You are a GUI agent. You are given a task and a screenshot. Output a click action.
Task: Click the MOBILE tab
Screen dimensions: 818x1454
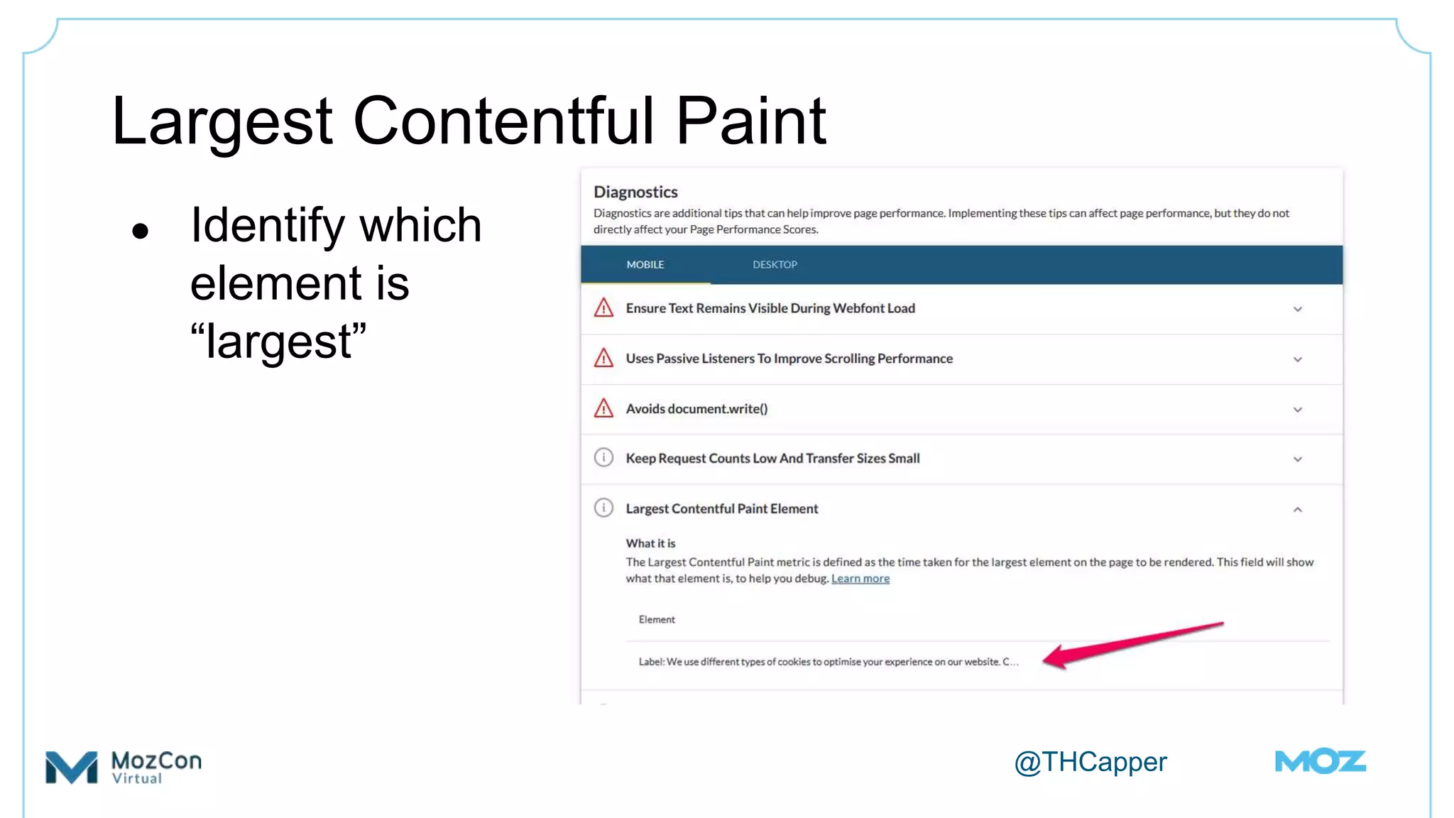point(645,265)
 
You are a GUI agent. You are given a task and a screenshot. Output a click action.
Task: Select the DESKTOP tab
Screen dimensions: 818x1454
point(775,265)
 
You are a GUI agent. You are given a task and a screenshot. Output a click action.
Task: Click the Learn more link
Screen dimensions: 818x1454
point(860,579)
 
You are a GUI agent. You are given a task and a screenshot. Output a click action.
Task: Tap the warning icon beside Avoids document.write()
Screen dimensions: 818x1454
point(603,408)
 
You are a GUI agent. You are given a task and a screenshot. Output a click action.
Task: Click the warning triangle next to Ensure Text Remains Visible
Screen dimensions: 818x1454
point(603,308)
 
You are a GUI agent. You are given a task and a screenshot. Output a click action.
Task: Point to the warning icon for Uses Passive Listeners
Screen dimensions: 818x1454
point(603,358)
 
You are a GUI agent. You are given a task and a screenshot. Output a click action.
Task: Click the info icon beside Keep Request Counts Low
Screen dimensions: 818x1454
point(603,458)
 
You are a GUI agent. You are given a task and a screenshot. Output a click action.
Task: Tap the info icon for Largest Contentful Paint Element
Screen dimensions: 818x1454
point(603,508)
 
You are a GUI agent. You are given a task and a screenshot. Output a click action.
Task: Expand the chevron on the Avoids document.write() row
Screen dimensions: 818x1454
point(1297,410)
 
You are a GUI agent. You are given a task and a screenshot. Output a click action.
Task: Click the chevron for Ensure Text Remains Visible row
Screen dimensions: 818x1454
point(1297,310)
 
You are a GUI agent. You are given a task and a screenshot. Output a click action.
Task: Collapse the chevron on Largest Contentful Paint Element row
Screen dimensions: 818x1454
point(1297,510)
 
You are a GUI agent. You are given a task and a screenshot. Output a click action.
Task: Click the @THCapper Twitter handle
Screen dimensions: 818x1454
point(1090,762)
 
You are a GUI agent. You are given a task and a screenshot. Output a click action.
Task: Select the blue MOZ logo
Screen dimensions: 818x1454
point(1320,762)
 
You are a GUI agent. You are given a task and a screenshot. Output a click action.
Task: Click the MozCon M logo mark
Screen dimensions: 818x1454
point(71,767)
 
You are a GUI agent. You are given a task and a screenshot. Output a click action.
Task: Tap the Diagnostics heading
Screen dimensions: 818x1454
point(635,192)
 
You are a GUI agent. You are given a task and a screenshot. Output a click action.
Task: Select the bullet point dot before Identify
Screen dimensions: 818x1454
point(141,231)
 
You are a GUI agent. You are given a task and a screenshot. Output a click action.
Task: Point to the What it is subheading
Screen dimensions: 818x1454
point(650,543)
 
